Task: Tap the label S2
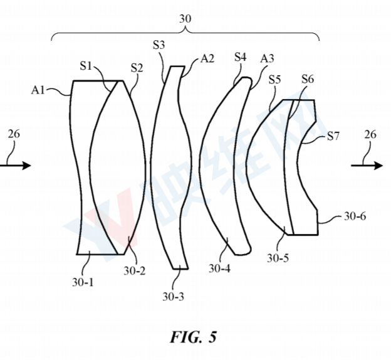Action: (x=137, y=68)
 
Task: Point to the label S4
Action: (x=240, y=57)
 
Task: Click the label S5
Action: (x=274, y=80)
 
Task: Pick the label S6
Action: (x=307, y=79)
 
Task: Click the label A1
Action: (x=39, y=90)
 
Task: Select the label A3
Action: (x=268, y=58)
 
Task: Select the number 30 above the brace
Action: (x=185, y=19)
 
